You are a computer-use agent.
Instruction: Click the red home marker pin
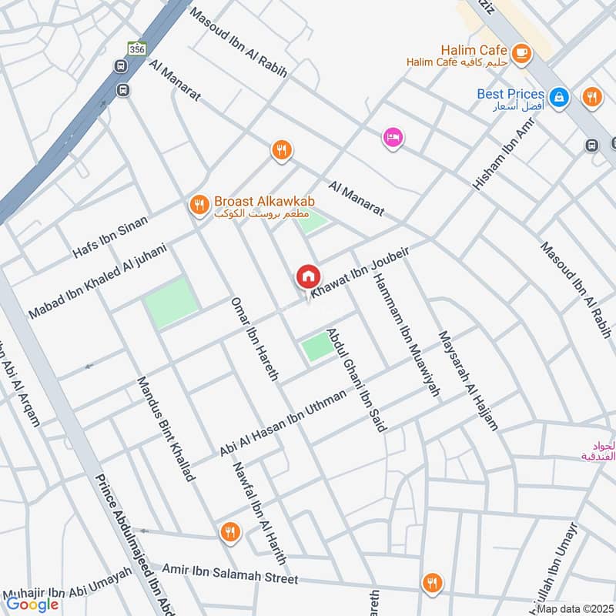pyautogui.click(x=307, y=276)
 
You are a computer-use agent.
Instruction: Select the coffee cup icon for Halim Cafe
pyautogui.click(x=522, y=52)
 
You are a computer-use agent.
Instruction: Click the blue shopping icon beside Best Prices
pyautogui.click(x=561, y=97)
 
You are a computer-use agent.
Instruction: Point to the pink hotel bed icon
pyautogui.click(x=393, y=137)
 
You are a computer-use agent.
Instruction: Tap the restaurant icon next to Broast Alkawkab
pyautogui.click(x=199, y=204)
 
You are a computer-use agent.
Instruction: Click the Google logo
pyautogui.click(x=32, y=604)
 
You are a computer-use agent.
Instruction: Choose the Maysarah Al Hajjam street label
pyautogui.click(x=468, y=379)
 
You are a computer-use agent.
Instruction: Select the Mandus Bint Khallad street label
pyautogui.click(x=165, y=429)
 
